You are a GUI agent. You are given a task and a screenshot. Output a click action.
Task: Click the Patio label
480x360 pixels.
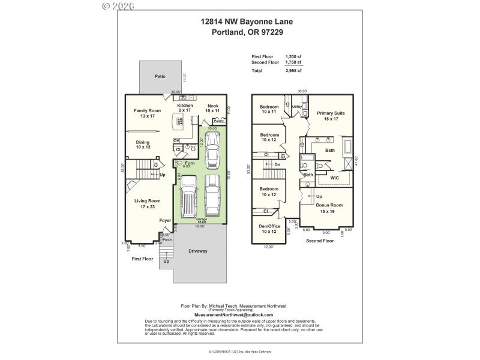[160, 77]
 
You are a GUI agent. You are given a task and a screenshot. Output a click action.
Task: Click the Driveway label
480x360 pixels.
[197, 251]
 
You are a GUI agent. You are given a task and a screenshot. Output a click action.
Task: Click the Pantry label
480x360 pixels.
[219, 121]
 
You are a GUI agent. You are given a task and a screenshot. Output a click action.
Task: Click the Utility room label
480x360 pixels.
[296, 107]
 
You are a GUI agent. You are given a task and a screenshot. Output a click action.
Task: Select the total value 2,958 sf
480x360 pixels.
[294, 71]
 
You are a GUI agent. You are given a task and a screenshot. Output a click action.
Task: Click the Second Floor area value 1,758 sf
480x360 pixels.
[294, 62]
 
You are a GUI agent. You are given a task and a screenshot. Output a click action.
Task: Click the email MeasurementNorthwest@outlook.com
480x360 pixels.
[233, 314]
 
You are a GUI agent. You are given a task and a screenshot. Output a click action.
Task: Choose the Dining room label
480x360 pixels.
[143, 145]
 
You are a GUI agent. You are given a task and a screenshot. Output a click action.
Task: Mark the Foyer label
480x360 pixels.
[165, 221]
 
